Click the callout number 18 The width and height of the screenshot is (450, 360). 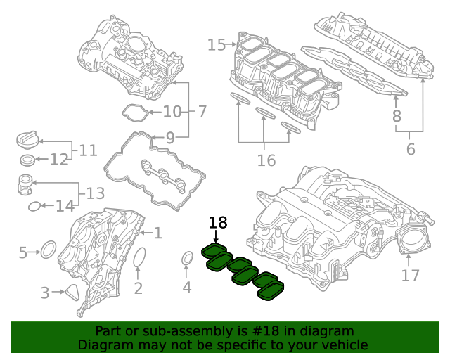pyautogui.click(x=218, y=223)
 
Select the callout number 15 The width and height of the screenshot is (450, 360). pyautogui.click(x=217, y=45)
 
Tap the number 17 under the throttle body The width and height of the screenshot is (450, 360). pyautogui.click(x=411, y=276)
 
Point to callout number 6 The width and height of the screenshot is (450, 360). pyautogui.click(x=411, y=149)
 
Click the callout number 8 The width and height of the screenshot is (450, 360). pyautogui.click(x=397, y=116)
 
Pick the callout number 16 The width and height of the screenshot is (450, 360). pyautogui.click(x=266, y=161)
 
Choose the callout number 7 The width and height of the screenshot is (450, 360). pyautogui.click(x=201, y=111)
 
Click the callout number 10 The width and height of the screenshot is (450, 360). pyautogui.click(x=172, y=111)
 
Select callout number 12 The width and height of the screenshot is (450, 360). pyautogui.click(x=59, y=160)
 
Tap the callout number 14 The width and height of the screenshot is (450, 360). pyautogui.click(x=65, y=206)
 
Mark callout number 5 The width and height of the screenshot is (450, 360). pyautogui.click(x=23, y=252)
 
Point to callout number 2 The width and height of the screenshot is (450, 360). pyautogui.click(x=139, y=287)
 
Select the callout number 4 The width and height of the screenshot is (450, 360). pyautogui.click(x=187, y=287)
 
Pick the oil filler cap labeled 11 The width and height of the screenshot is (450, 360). pyautogui.click(x=26, y=139)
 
